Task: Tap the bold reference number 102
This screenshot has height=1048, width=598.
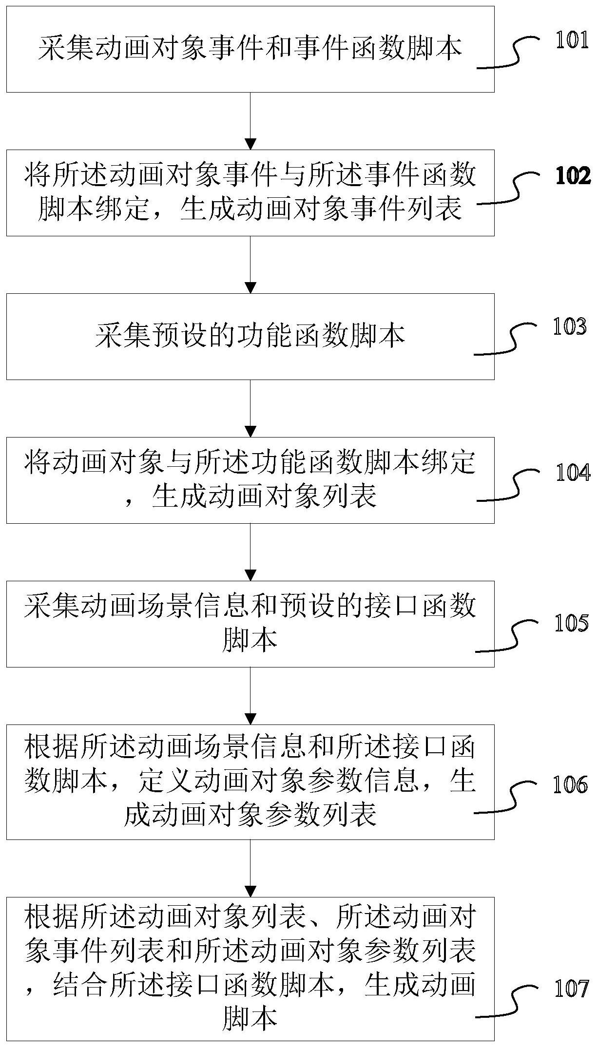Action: pyautogui.click(x=572, y=176)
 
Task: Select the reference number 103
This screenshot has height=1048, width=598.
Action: pyautogui.click(x=569, y=327)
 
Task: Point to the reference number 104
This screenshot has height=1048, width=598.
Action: pyautogui.click(x=573, y=473)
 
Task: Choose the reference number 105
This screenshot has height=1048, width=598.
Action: pyautogui.click(x=571, y=623)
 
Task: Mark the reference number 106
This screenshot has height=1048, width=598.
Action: pyautogui.click(x=570, y=785)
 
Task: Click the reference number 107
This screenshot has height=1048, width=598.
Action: pyautogui.click(x=571, y=989)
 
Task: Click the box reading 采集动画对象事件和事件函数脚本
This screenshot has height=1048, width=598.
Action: pyautogui.click(x=250, y=49)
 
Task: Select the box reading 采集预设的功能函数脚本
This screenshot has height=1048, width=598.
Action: pyautogui.click(x=250, y=336)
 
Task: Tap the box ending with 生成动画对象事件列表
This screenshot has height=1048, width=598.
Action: pyautogui.click(x=250, y=192)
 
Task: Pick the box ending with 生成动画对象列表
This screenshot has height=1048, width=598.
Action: pyautogui.click(x=250, y=480)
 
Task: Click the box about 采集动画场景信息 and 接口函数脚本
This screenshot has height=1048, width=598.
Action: pyautogui.click(x=250, y=624)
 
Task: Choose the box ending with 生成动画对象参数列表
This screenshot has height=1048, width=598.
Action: pyautogui.click(x=250, y=781)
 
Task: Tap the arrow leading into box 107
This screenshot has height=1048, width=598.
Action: pyautogui.click(x=250, y=868)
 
